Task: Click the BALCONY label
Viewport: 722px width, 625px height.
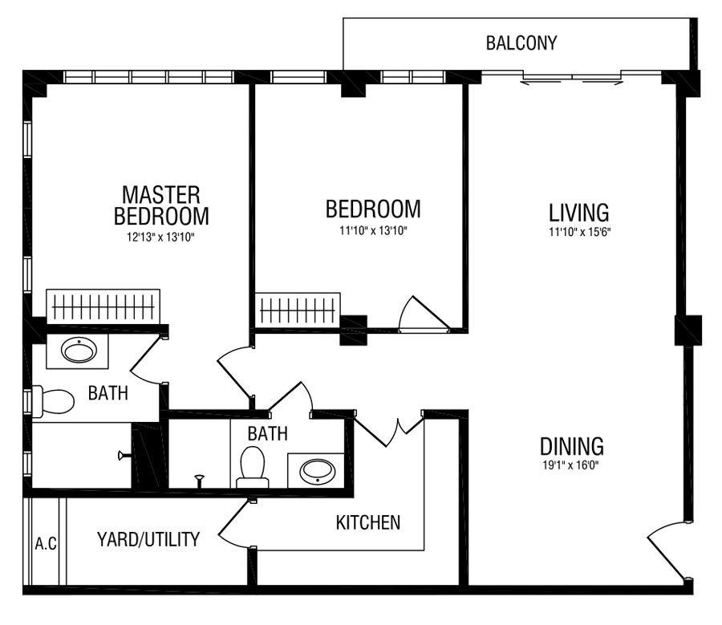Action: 521,43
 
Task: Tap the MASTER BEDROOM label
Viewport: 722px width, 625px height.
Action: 161,205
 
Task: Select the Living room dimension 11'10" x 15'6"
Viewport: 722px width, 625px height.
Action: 579,232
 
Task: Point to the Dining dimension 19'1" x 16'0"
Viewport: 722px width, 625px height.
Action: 570,465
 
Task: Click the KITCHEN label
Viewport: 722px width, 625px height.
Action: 368,523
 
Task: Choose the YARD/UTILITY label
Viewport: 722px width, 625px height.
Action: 148,539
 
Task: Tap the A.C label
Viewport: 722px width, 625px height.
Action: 46,544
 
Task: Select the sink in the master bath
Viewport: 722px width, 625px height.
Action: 79,351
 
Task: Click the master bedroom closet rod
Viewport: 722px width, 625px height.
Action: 103,306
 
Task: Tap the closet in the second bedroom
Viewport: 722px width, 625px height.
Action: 298,310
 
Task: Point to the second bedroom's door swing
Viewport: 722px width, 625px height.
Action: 424,314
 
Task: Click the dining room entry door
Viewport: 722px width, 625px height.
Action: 667,550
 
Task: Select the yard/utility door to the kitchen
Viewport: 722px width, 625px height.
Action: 234,525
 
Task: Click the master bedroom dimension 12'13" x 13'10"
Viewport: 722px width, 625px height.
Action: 161,237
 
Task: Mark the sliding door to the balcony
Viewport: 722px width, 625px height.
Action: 572,77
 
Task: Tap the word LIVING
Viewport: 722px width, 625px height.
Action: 578,213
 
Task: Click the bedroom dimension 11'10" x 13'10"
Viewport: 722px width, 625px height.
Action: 373,231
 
